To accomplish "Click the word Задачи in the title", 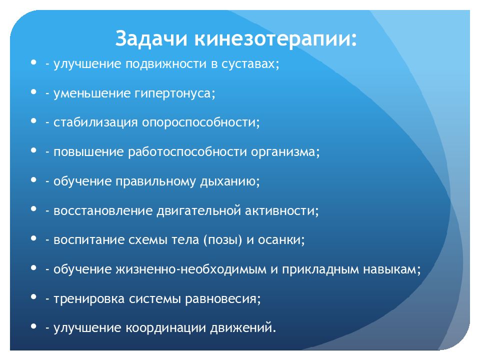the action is point(151,39).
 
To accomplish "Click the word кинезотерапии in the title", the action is point(273,39).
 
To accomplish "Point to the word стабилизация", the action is point(95,122).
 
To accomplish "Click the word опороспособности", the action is point(198,122).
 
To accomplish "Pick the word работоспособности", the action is point(187,152).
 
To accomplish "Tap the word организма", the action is point(283,152).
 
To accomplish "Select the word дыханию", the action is point(228,181).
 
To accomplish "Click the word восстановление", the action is point(103,210).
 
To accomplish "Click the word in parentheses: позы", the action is point(223,239).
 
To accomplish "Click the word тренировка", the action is point(89,299).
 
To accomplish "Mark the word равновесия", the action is point(220,299).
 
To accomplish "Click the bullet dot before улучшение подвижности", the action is point(33,62).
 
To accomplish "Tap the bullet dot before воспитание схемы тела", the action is point(33,238).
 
